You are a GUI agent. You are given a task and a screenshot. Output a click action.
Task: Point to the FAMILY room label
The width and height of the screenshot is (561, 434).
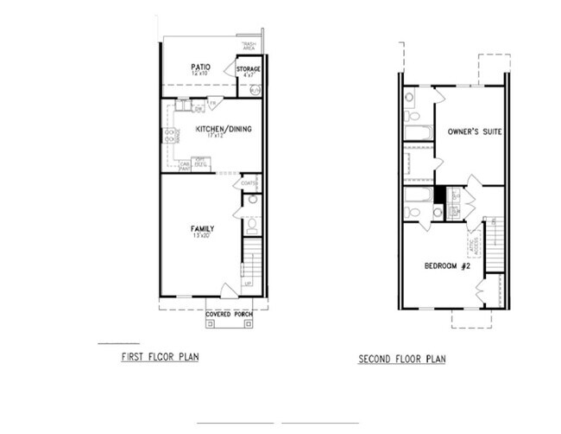[x=202, y=228]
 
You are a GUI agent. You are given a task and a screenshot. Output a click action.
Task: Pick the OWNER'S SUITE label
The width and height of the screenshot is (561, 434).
[x=475, y=131]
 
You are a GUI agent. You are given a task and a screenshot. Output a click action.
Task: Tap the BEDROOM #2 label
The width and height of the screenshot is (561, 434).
[x=447, y=265]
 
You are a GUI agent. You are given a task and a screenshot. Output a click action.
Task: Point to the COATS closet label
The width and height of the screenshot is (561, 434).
[x=249, y=183]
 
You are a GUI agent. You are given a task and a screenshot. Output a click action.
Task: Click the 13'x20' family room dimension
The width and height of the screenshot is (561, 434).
[x=202, y=236]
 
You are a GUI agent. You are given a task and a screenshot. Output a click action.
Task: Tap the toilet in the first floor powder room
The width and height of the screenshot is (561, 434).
[x=251, y=227]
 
